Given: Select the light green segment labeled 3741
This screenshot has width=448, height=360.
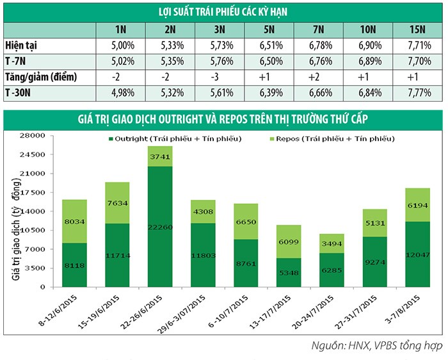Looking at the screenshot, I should tap(160, 156).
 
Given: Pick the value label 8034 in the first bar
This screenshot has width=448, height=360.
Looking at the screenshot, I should tap(74, 222).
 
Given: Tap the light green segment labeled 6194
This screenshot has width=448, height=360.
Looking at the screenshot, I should tap(418, 205).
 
